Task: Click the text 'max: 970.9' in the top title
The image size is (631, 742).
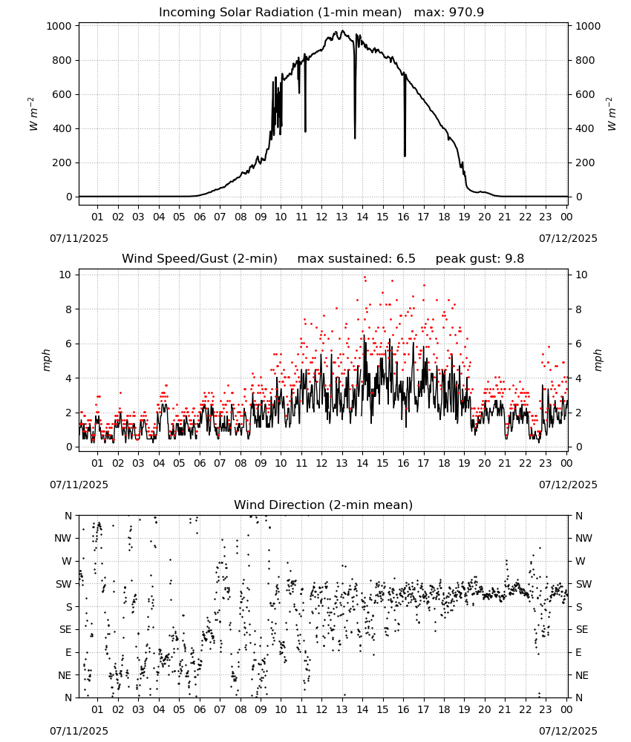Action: pyautogui.click(x=449, y=13)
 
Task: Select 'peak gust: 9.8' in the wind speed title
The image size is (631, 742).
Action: pyautogui.click(x=480, y=259)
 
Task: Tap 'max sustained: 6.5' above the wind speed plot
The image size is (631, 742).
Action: pyautogui.click(x=356, y=259)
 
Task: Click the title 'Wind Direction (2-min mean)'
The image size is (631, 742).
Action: pyautogui.click(x=324, y=505)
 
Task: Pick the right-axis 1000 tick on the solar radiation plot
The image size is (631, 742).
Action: pyautogui.click(x=587, y=26)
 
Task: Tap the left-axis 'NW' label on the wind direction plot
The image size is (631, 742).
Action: pyautogui.click(x=63, y=538)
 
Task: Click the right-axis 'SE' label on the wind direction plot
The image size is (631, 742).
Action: pyautogui.click(x=582, y=629)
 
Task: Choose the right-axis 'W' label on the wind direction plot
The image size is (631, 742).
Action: pyautogui.click(x=581, y=561)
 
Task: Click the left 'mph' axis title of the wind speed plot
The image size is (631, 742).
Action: pyautogui.click(x=46, y=360)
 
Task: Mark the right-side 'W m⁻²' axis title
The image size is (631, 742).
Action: pyautogui.click(x=611, y=114)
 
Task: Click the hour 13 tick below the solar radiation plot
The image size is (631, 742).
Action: pyautogui.click(x=341, y=217)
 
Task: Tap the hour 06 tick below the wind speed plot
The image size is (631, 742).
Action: pyautogui.click(x=199, y=463)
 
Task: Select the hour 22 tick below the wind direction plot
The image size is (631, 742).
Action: pyautogui.click(x=525, y=709)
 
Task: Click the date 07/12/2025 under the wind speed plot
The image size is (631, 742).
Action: pyautogui.click(x=568, y=485)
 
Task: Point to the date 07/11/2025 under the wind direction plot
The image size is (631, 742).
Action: pyautogui.click(x=79, y=731)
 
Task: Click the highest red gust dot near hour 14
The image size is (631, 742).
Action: pyautogui.click(x=364, y=278)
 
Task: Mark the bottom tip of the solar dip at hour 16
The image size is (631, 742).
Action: pyautogui.click(x=405, y=156)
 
